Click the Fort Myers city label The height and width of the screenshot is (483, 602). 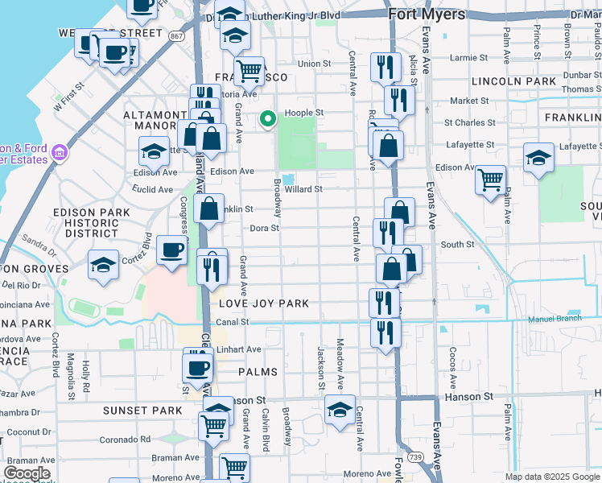426,14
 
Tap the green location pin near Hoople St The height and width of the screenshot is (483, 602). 268,120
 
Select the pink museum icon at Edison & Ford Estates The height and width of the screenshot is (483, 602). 59,152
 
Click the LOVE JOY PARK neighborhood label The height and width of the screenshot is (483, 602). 264,303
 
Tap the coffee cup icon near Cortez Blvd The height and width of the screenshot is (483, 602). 171,250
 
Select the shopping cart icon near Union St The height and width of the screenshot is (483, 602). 249,71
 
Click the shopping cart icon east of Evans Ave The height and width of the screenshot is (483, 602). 490,180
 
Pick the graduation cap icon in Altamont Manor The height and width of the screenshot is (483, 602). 154,151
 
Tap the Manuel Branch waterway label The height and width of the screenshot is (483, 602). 555,319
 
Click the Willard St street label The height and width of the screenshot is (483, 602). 303,189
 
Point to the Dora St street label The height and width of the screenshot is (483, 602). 264,228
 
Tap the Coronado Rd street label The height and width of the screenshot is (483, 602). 125,440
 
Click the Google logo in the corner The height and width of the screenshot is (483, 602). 27,473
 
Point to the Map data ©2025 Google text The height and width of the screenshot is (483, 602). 551,477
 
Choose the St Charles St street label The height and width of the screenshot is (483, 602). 470,123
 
